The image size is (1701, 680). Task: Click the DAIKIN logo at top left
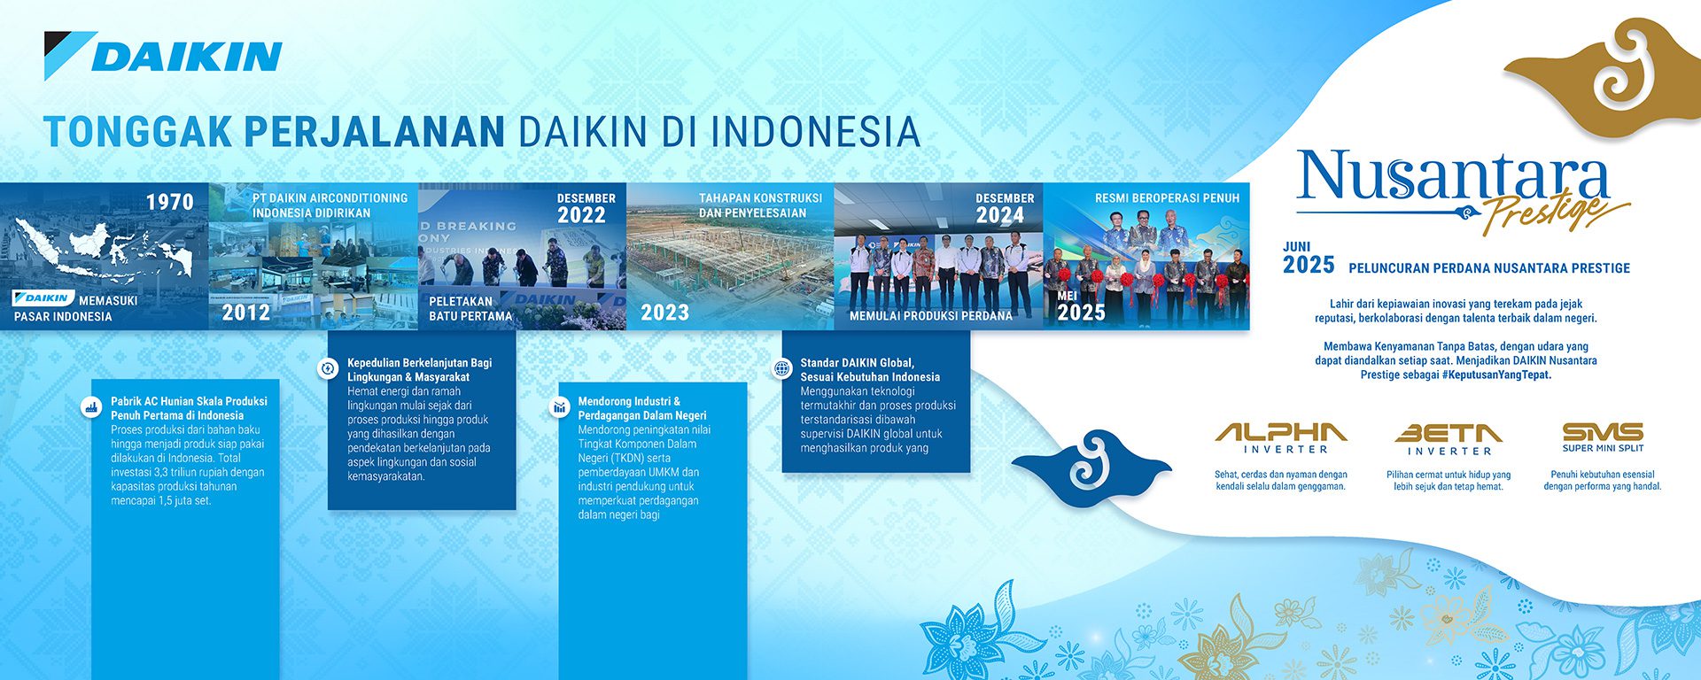pyautogui.click(x=163, y=56)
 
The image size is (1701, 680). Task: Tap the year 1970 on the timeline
pyautogui.click(x=169, y=203)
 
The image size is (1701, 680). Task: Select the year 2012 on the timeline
pyautogui.click(x=245, y=313)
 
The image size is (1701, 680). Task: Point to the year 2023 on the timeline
pyautogui.click(x=664, y=313)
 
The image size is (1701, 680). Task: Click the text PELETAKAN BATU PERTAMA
pyautogui.click(x=470, y=309)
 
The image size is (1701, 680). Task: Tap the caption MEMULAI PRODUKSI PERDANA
pyautogui.click(x=930, y=316)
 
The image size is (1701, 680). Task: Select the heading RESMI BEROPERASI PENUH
pyautogui.click(x=1167, y=198)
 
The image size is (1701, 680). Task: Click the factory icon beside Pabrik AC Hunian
pyautogui.click(x=90, y=407)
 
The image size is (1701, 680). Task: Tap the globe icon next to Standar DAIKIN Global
pyautogui.click(x=781, y=368)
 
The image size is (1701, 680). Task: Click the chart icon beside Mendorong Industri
pyautogui.click(x=559, y=407)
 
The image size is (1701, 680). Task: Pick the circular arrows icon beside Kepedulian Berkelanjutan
pyautogui.click(x=328, y=368)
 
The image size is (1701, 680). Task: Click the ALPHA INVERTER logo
pyautogui.click(x=1281, y=437)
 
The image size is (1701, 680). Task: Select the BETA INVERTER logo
pyautogui.click(x=1449, y=438)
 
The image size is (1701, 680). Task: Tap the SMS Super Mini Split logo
pyautogui.click(x=1603, y=437)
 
